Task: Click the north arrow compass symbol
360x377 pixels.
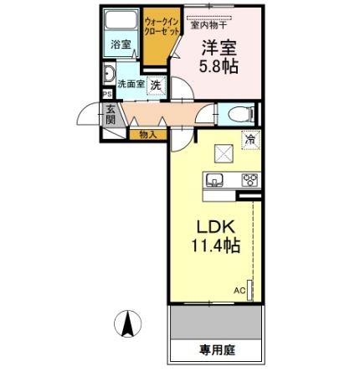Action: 126,323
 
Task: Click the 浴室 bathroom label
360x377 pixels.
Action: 120,45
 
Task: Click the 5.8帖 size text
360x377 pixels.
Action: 219,65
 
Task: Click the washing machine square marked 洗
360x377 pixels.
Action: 157,84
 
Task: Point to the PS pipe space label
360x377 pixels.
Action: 106,94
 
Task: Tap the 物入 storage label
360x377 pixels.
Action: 148,133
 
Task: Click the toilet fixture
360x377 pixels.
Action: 236,113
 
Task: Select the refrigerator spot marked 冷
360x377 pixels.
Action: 250,140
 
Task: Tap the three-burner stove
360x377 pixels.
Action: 249,179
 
